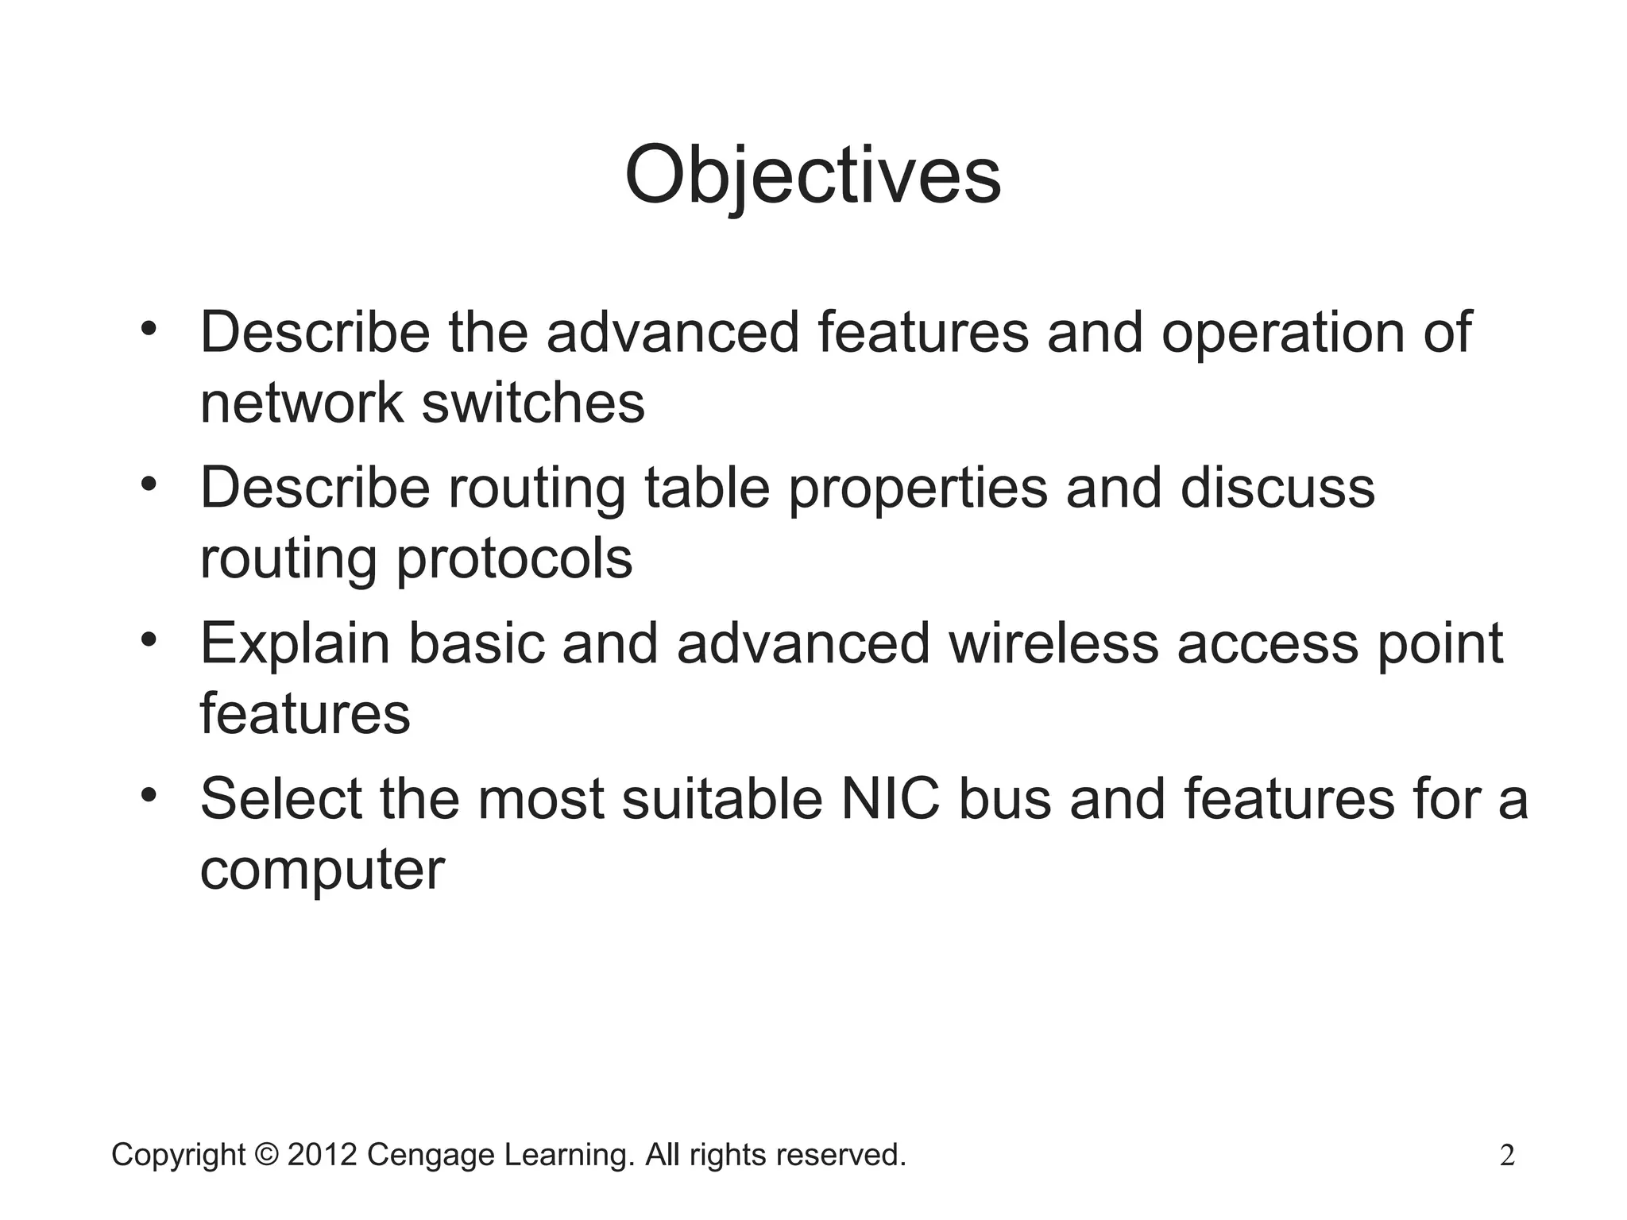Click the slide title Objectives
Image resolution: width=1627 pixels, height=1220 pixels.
point(812,176)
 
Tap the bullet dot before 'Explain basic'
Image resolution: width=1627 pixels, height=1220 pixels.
point(149,640)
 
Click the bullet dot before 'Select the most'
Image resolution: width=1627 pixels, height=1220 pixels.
point(149,795)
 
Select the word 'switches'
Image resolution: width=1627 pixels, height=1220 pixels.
point(533,403)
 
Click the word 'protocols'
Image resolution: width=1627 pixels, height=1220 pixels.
point(514,559)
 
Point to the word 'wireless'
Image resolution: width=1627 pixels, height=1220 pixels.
point(1053,643)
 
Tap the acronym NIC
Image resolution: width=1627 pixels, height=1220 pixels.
point(890,799)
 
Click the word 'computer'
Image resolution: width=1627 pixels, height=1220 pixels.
point(322,871)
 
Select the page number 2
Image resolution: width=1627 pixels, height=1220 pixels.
point(1507,1156)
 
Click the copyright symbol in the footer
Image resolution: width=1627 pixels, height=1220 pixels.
point(267,1155)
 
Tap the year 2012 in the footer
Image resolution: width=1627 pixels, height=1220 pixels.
point(322,1155)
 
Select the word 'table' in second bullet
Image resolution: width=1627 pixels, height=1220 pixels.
point(707,488)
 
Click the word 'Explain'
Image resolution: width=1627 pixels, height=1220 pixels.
point(295,645)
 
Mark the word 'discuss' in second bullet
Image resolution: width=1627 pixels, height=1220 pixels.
point(1277,488)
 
